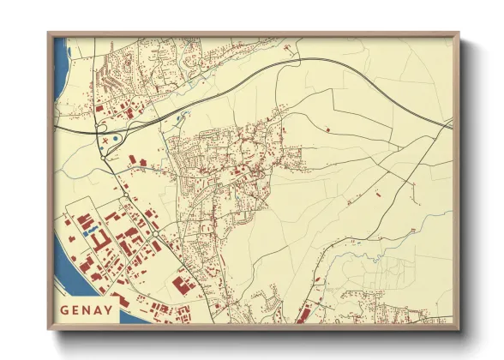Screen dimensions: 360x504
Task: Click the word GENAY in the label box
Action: coord(87,309)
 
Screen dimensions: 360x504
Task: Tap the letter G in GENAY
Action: coord(66,309)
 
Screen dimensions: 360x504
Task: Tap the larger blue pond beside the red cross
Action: coord(116,138)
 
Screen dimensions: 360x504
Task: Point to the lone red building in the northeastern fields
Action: coord(328,128)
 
